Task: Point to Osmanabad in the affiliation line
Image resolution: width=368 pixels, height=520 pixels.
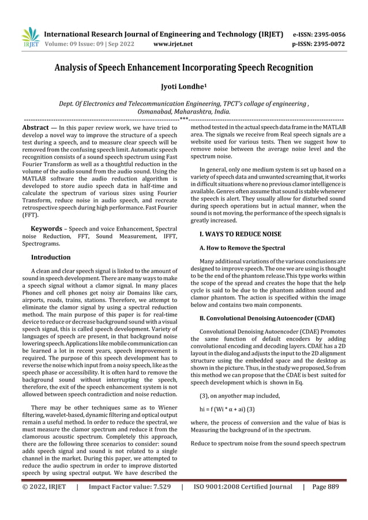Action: click(159, 111)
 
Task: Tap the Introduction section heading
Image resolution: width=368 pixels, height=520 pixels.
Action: click(51, 257)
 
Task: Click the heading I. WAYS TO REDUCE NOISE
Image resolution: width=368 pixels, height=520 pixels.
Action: click(240, 234)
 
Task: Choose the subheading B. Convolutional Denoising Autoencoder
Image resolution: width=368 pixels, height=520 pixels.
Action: click(266, 318)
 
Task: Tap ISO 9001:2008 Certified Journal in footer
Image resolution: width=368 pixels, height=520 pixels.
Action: click(242, 503)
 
